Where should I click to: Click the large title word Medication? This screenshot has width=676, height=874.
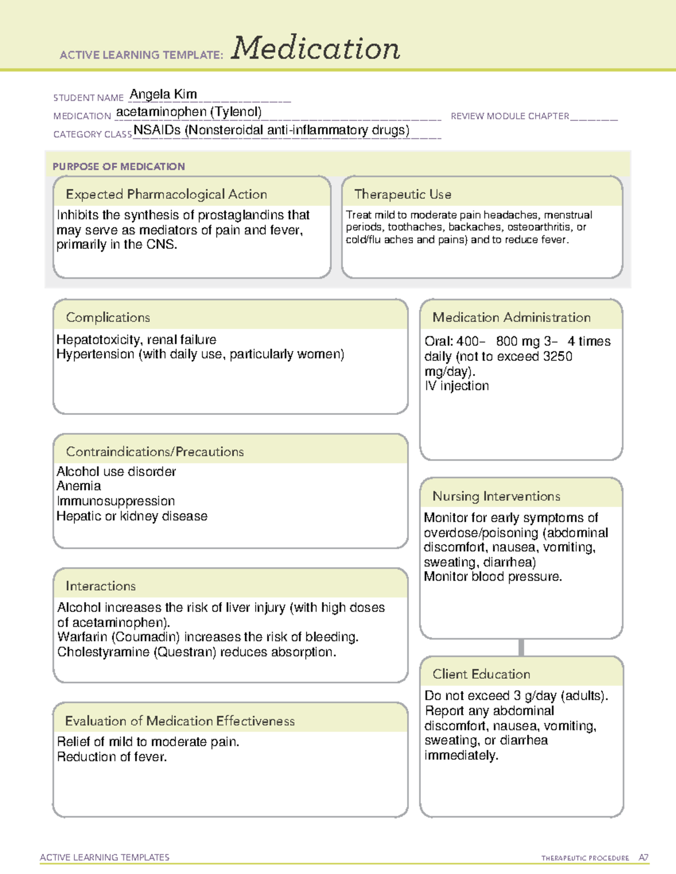tap(315, 48)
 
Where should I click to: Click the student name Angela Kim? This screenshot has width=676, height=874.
tap(163, 94)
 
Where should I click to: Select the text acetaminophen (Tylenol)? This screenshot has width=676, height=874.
tap(189, 112)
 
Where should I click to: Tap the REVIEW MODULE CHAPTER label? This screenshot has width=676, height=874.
tap(510, 116)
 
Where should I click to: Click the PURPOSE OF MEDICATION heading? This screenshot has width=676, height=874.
tap(119, 167)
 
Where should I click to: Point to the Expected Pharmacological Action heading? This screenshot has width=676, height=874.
tap(166, 194)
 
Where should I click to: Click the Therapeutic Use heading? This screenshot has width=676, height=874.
tap(403, 194)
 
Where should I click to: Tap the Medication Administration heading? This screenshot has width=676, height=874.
tap(512, 317)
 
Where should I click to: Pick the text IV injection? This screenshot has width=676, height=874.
tap(457, 386)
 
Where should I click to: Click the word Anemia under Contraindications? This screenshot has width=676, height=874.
tap(79, 486)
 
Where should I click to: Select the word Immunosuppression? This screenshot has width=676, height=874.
tap(115, 501)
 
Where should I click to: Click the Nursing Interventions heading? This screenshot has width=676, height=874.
tap(496, 496)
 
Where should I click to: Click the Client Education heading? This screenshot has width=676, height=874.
tap(481, 674)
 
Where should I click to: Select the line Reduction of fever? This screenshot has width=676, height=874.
tap(112, 757)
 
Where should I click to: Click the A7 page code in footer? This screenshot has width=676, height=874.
tap(643, 858)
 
